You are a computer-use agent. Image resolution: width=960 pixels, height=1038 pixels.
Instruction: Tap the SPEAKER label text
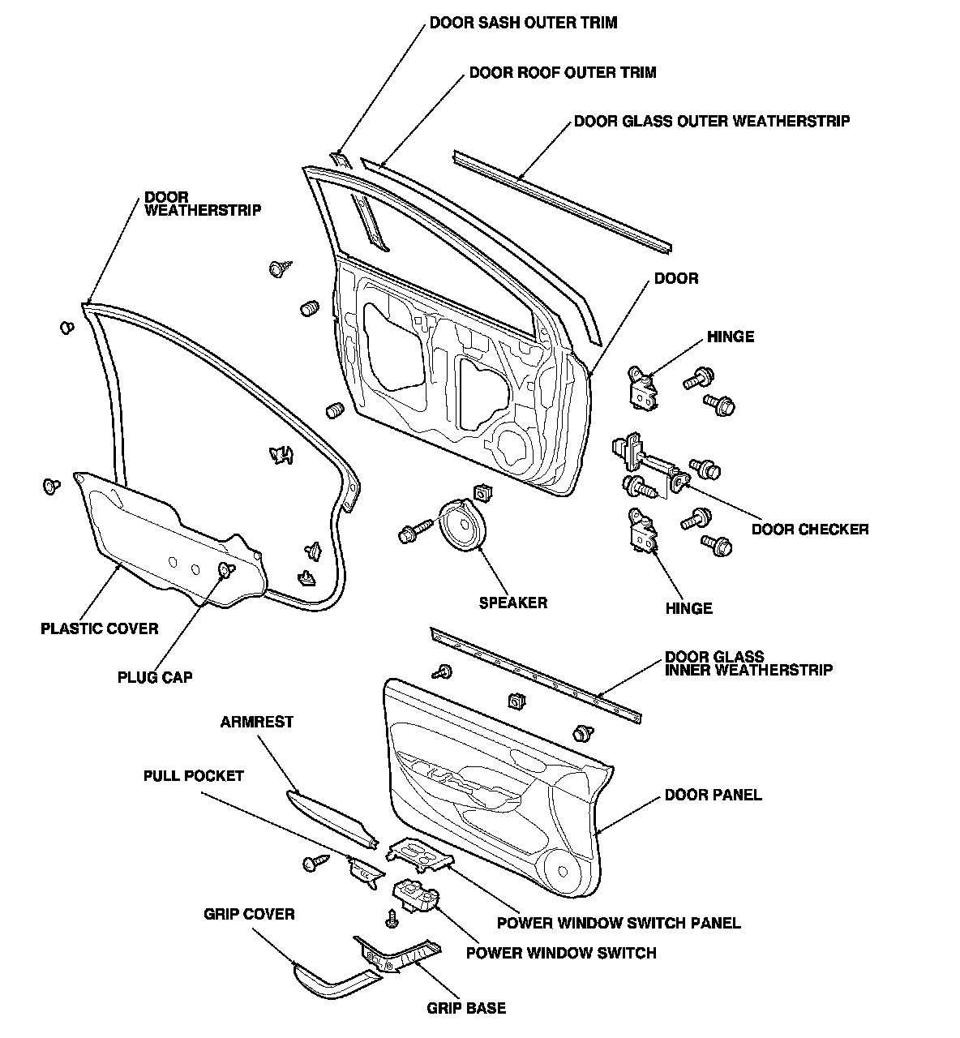click(512, 603)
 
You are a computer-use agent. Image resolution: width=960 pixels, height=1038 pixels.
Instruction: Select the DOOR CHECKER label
click(810, 530)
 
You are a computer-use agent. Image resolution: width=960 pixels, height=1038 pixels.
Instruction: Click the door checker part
click(645, 464)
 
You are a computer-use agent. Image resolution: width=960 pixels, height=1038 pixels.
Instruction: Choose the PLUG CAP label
click(155, 677)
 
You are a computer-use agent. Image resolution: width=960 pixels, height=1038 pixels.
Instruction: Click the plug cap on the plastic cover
click(225, 570)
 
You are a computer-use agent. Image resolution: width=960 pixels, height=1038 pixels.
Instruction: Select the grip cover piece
click(332, 982)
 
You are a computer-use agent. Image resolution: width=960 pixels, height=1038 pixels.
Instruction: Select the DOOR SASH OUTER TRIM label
click(523, 23)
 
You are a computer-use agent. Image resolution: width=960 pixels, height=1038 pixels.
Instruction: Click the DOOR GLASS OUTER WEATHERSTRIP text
click(712, 122)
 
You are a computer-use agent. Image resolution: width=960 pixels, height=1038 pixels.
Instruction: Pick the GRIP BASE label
click(466, 1008)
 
